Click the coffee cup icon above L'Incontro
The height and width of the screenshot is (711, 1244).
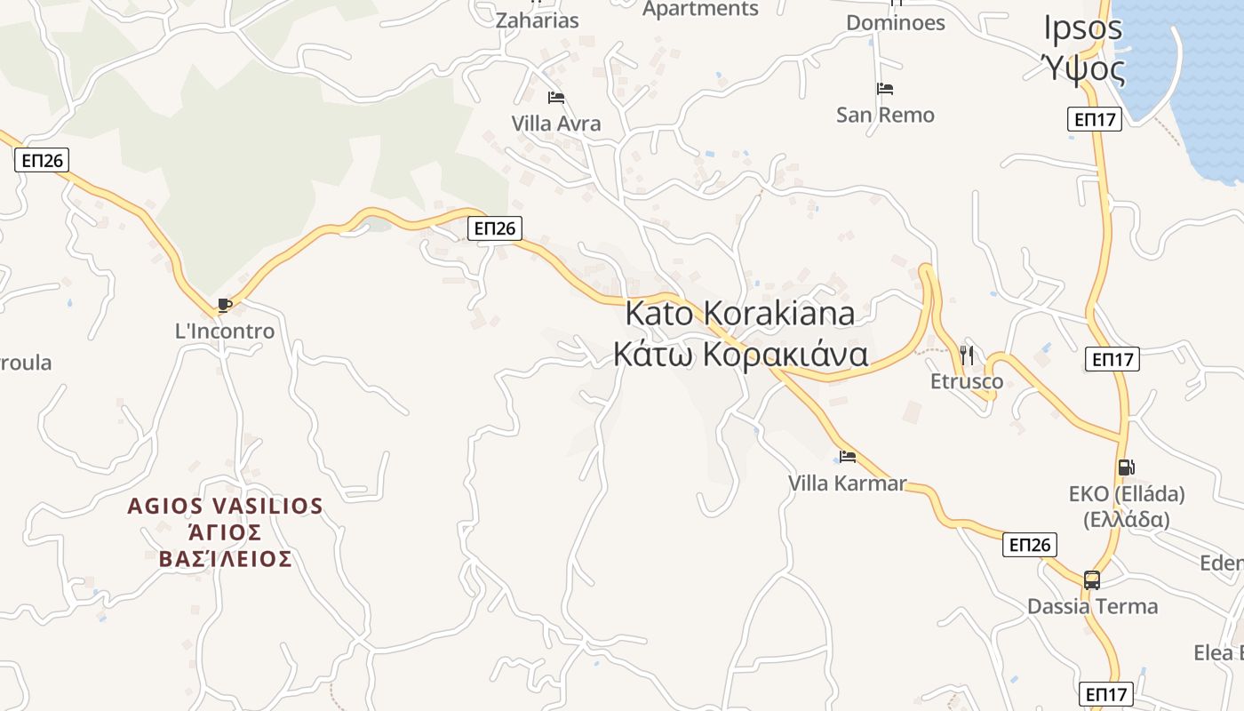225,306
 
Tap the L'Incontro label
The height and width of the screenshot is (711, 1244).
225,332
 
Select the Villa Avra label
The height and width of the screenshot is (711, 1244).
556,124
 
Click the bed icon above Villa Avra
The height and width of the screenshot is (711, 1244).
556,98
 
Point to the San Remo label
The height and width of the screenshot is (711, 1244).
885,115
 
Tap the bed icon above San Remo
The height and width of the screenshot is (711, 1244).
885,89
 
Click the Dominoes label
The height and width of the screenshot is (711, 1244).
895,22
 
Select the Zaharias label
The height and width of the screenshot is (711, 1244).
537,20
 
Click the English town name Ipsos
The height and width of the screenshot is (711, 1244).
1083,28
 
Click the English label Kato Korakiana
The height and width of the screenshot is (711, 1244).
740,313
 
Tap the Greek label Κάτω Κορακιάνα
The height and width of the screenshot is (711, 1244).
740,354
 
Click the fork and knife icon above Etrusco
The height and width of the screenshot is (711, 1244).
967,355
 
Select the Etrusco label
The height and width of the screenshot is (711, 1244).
967,382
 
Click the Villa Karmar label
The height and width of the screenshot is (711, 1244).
848,483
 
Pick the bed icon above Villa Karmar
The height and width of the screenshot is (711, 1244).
848,457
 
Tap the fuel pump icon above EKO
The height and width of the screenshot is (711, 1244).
1127,467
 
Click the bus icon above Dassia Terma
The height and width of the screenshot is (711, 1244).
1092,580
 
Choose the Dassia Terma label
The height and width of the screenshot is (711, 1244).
1092,607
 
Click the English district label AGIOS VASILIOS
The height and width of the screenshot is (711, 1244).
225,506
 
